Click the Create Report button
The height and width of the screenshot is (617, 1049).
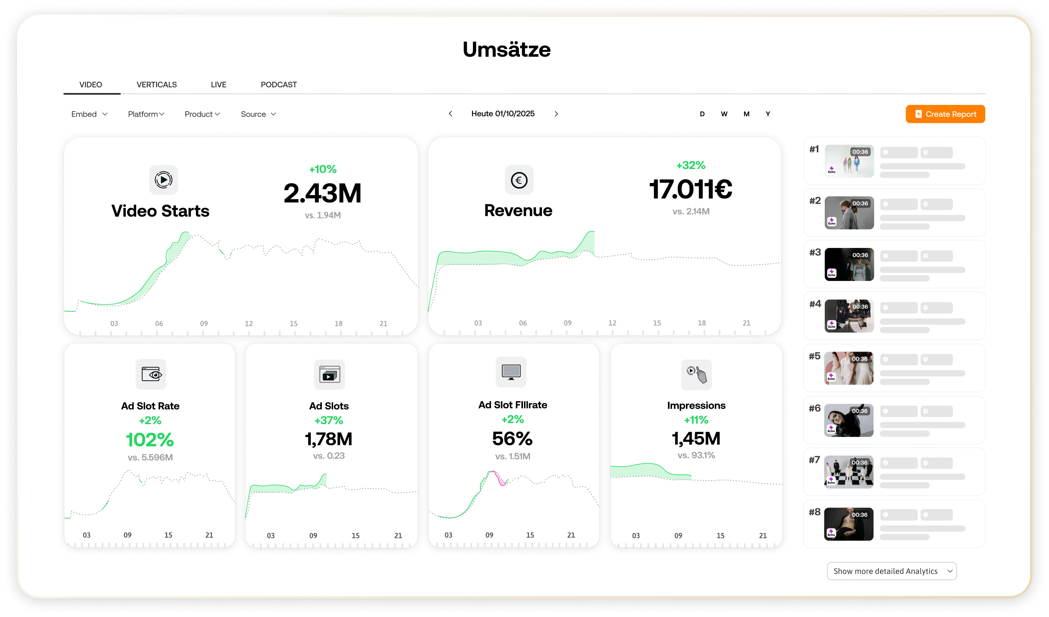[945, 114]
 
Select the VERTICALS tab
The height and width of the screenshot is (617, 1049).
[157, 84]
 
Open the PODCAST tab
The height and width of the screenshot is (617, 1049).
[278, 84]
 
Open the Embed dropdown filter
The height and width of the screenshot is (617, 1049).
[89, 114]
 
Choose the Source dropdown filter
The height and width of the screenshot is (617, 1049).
[258, 114]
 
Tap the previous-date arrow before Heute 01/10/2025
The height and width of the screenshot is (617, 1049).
[450, 113]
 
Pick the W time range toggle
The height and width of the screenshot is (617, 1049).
[724, 114]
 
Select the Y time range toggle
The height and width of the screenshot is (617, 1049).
[768, 114]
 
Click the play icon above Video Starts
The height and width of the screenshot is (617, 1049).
[163, 180]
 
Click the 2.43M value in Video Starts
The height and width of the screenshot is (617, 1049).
[322, 194]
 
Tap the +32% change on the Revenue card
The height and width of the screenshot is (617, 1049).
[691, 165]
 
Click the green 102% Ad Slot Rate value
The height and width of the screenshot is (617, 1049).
[150, 440]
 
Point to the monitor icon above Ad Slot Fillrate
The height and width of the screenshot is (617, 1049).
[511, 372]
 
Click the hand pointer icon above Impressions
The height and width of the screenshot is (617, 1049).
[697, 374]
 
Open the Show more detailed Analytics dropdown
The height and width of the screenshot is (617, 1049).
[891, 571]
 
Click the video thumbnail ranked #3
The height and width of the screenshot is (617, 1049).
[849, 264]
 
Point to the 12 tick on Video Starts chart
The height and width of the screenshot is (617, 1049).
[248, 323]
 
